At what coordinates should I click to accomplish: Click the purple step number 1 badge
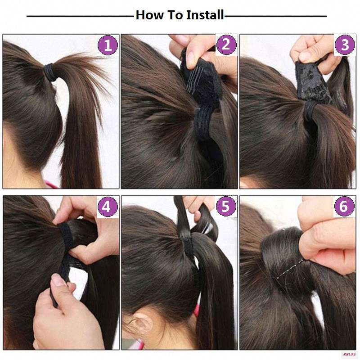(108, 45)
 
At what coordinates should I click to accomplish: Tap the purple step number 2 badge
(226, 45)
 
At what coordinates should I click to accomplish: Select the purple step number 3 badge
(345, 45)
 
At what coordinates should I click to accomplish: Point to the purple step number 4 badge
(108, 207)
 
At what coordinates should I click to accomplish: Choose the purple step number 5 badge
(226, 206)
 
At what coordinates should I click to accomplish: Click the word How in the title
(150, 15)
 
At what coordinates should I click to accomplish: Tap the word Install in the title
(205, 15)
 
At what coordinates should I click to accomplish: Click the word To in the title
(175, 15)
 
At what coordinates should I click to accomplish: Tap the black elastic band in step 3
(310, 110)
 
